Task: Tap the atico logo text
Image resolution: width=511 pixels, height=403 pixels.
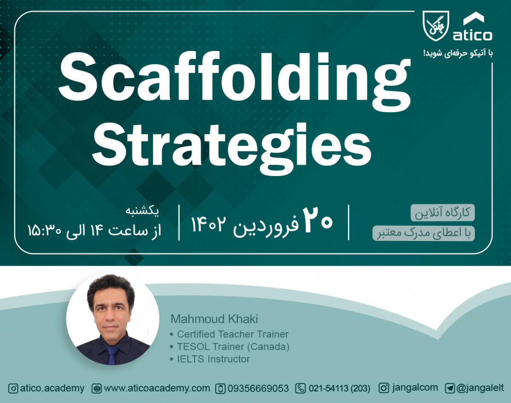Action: (472, 35)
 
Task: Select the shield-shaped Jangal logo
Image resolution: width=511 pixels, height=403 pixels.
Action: (436, 26)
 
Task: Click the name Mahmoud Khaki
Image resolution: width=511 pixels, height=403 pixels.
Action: (214, 319)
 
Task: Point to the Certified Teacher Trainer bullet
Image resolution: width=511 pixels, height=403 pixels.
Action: (233, 334)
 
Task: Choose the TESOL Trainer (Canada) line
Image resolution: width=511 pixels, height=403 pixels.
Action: (233, 346)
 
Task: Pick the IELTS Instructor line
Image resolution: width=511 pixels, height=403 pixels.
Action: (213, 359)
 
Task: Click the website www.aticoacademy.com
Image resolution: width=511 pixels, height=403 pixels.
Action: (157, 388)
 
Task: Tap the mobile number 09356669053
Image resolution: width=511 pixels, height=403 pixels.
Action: (258, 388)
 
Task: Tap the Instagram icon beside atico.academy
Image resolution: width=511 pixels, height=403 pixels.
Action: (13, 388)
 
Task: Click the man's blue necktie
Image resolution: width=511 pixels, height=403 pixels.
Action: (112, 355)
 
